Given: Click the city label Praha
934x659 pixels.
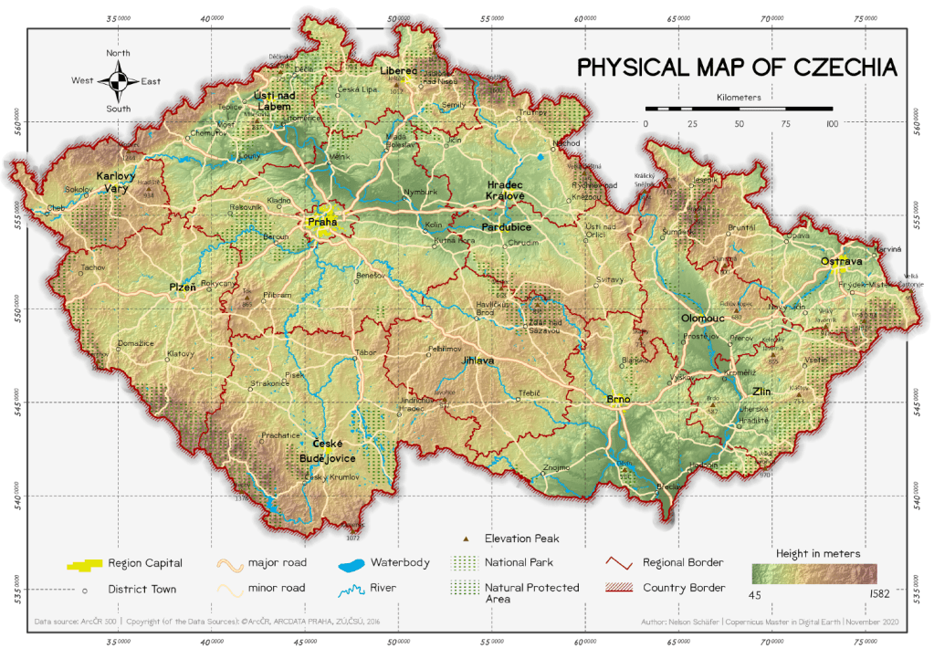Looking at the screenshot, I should point(322,221).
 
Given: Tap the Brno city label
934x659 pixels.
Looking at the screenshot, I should point(618,400).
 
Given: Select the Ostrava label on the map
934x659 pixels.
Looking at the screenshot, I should point(841,261).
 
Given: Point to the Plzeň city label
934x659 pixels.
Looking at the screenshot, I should point(183,288).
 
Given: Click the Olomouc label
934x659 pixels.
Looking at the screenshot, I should point(702,319).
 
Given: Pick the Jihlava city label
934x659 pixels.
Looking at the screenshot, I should point(477,361).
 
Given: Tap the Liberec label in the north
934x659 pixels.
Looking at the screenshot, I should point(398,70).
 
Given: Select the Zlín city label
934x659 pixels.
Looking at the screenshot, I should point(761,391).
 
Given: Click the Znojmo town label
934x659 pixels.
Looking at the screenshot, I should point(556,468).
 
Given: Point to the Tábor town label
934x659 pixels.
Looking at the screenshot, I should point(365,352).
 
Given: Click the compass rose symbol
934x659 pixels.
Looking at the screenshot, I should point(118,81).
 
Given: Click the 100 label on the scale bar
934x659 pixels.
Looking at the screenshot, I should point(831,123).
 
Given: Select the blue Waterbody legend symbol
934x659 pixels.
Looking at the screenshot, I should point(351,563).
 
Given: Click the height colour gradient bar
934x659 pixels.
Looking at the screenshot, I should point(813,573).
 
